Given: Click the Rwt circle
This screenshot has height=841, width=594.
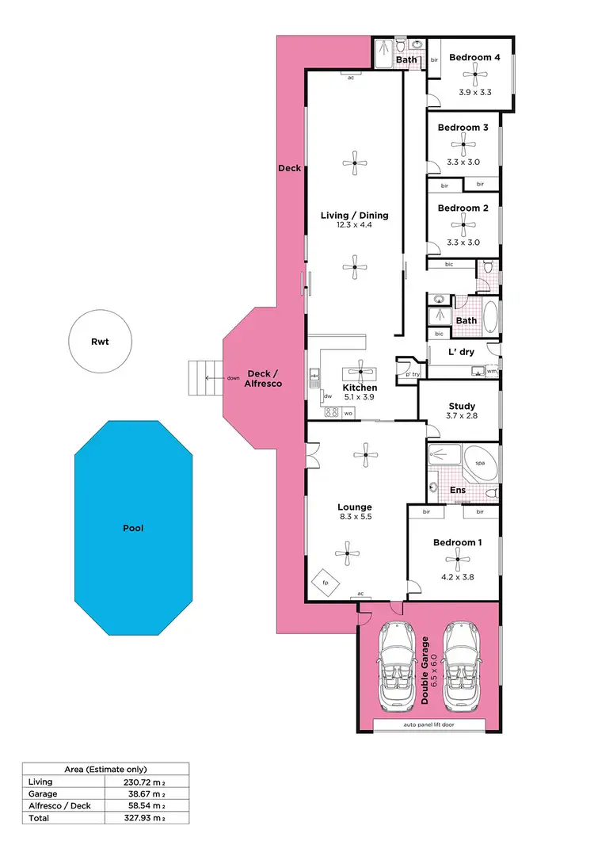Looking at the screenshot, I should pos(100,342).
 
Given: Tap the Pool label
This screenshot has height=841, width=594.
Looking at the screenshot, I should pos(133,527).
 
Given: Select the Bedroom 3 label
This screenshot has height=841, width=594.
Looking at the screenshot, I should pos(463,128).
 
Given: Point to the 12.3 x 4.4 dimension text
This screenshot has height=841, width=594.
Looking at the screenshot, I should pos(354,225).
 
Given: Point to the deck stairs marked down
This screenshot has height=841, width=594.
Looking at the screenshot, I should pos(201,378).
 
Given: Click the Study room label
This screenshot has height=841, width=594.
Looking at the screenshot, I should pos(462,407).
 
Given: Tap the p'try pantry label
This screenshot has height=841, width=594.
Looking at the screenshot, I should pos(411,373).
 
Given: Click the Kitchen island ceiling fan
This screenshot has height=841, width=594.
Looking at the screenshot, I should pos(360,371).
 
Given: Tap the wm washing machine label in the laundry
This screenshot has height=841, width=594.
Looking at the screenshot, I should pos(491,371).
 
